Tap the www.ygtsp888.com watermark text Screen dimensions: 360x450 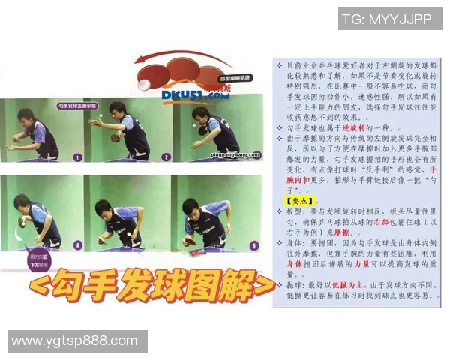pos(77,341)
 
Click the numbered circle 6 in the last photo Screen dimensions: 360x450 pos(253,244)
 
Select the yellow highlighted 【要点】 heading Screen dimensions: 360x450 pos(295,202)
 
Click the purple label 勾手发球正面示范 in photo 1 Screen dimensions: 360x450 pos(78,109)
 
